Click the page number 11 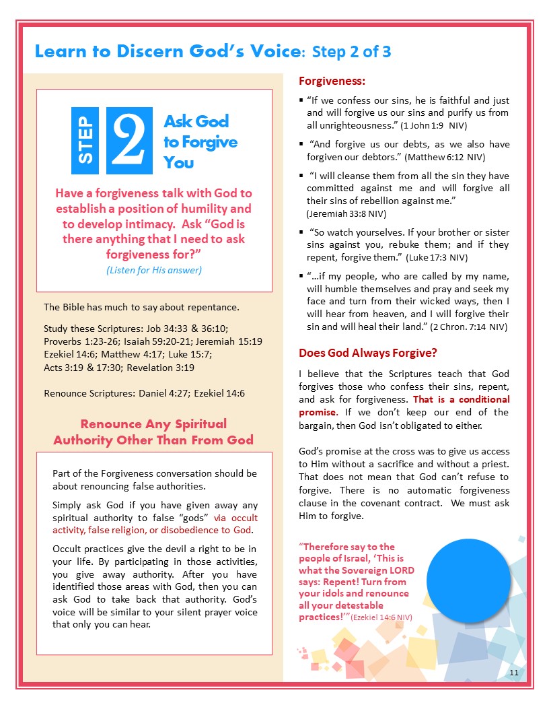click(x=513, y=673)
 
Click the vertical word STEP click(x=85, y=141)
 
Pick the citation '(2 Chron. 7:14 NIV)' click(x=470, y=327)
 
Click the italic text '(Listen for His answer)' click(x=154, y=270)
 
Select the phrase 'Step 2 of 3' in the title click(x=355, y=52)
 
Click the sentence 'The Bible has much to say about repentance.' click(x=141, y=308)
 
